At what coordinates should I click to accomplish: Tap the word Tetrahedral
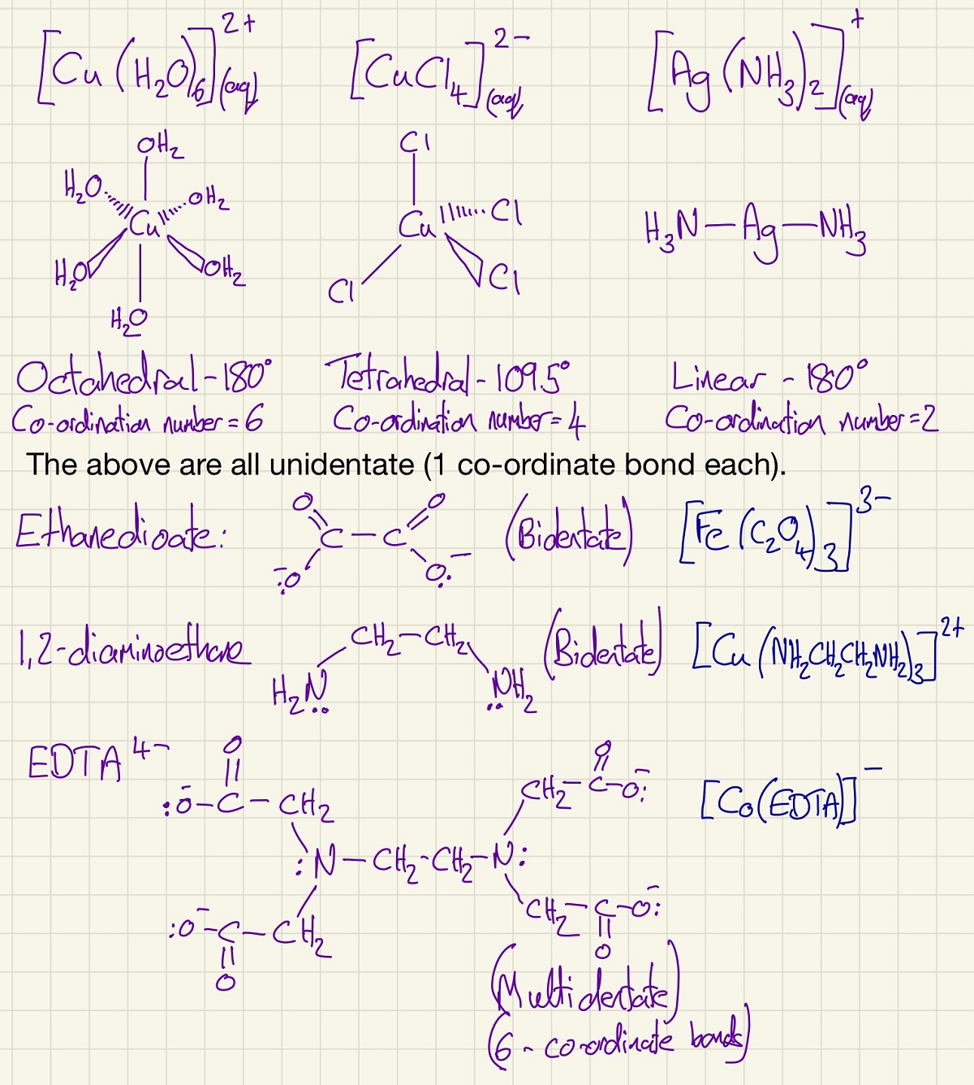397,374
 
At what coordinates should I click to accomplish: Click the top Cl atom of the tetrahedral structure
415,144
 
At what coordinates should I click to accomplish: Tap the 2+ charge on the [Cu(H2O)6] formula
239,25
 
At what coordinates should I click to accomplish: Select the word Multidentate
582,988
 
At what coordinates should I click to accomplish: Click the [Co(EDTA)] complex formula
778,802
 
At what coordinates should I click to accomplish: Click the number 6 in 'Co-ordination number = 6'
254,419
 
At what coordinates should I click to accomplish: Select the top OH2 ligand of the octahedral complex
160,147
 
